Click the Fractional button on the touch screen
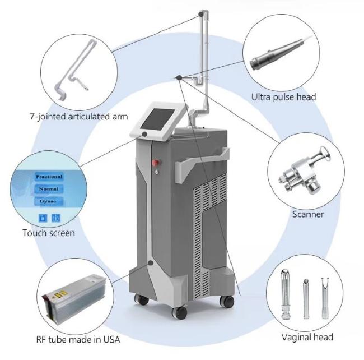[49, 177]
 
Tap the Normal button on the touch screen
[49, 189]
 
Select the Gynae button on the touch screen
[48, 201]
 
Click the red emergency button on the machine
[156, 163]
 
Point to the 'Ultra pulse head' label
[284, 97]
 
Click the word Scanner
[308, 214]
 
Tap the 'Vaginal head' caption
[307, 337]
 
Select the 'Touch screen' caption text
[49, 233]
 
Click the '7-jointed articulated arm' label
[79, 116]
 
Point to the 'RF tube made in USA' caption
[78, 340]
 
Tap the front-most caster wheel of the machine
[179, 312]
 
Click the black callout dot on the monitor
[144, 134]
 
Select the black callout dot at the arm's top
[201, 14]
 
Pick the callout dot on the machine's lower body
[151, 263]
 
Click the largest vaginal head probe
[285, 294]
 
